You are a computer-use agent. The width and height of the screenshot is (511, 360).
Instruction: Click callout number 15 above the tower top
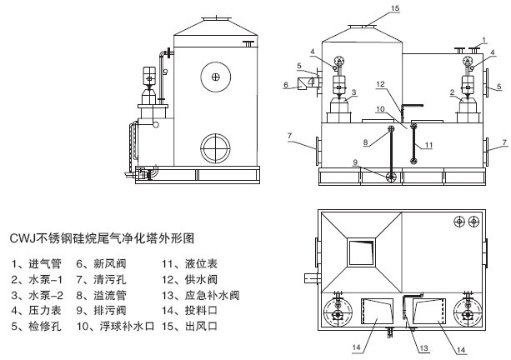tap(396, 9)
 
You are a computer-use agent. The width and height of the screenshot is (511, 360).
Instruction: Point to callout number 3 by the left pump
tap(354, 92)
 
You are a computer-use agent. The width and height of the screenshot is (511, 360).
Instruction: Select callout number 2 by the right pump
tap(452, 92)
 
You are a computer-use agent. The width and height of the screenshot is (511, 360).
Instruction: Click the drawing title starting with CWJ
tap(101, 238)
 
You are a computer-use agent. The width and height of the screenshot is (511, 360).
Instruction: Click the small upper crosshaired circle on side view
tap(216, 77)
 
